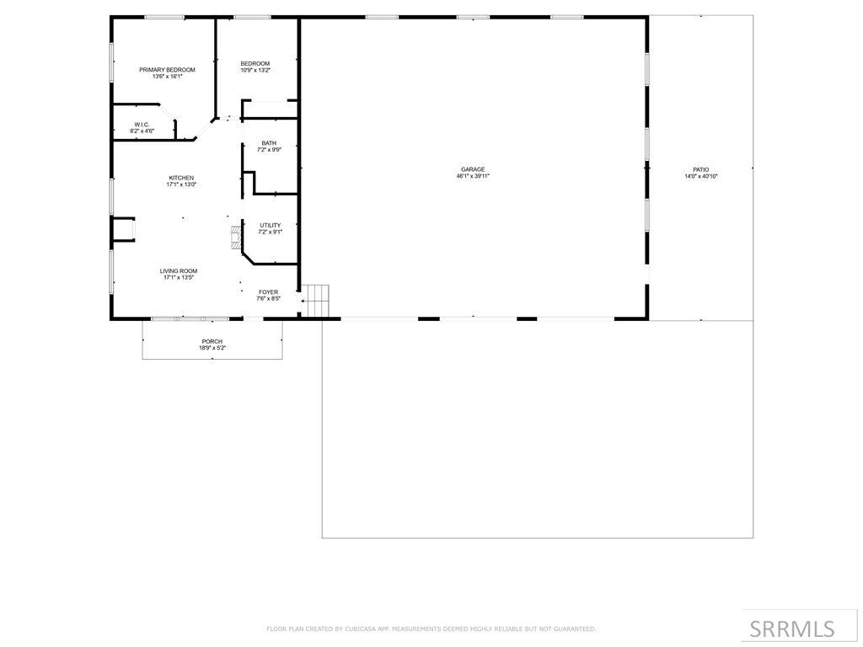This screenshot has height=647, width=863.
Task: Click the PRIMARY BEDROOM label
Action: pos(167,70)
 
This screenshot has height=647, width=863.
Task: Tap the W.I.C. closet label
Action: pos(142,125)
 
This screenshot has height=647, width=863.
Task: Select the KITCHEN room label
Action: pos(181,178)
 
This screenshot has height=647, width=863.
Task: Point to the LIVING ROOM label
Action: pos(179,270)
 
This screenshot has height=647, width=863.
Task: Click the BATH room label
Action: pos(269,143)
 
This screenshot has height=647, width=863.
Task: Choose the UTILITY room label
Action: pos(270,225)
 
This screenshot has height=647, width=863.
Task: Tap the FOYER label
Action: pos(268,291)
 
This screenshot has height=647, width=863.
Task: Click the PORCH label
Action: pos(212,341)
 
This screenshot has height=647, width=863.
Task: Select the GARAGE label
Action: pos(472,169)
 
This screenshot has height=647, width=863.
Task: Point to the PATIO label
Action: pos(701,169)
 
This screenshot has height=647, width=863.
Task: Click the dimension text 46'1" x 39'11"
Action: pos(473,177)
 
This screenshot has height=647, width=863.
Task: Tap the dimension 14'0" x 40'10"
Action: pos(701,177)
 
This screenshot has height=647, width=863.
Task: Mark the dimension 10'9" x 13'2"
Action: pos(255,71)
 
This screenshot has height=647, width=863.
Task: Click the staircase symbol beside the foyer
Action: pos(317,300)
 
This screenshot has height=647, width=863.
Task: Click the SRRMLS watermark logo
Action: pos(792,628)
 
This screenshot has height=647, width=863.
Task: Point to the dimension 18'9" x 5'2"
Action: pos(212,348)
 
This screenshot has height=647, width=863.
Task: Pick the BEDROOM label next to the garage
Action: pos(255,64)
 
